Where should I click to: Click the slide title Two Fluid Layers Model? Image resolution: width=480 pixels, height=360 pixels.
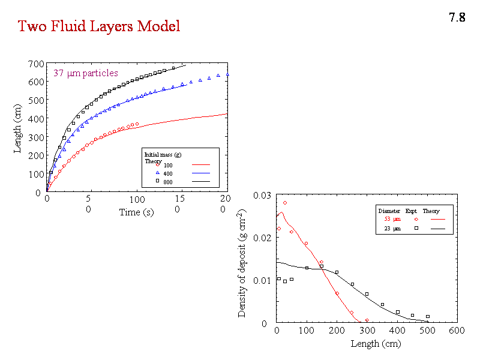[98, 26]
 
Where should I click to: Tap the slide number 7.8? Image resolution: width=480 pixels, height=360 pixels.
[457, 17]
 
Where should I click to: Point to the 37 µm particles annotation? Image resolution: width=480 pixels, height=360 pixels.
[86, 74]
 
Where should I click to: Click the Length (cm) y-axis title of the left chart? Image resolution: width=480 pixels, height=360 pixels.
[18, 127]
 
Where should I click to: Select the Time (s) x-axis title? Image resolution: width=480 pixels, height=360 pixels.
[139, 212]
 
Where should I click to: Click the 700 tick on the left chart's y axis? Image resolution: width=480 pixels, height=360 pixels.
[35, 64]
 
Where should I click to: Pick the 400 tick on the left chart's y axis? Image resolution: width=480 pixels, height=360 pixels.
[35, 119]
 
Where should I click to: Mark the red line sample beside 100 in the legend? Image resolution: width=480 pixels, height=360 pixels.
[202, 164]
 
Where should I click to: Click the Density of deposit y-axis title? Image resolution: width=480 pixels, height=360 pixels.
[242, 263]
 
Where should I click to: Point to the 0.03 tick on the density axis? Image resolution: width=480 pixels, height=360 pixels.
[262, 196]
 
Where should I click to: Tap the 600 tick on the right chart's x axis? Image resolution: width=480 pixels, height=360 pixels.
[457, 330]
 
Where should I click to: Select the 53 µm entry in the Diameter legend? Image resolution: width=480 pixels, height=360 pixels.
[392, 219]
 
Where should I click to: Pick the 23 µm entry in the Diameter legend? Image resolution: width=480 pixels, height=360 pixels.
[392, 229]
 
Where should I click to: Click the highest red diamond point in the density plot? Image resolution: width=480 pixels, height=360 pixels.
[285, 203]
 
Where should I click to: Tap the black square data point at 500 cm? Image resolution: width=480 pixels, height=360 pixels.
[428, 316]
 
